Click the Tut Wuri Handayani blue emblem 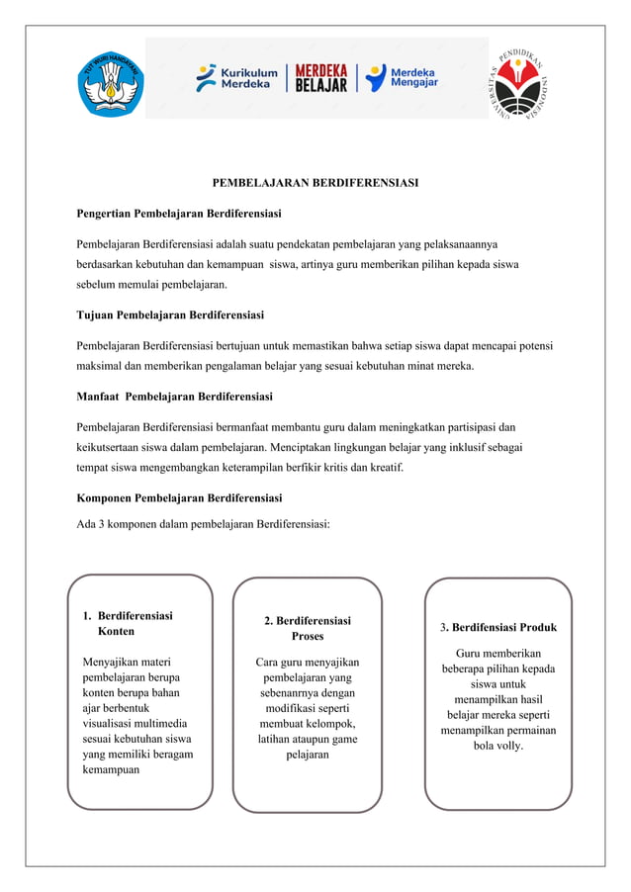click(110, 83)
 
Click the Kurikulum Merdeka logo click(236, 78)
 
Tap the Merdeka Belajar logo click(322, 78)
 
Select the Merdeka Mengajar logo click(405, 78)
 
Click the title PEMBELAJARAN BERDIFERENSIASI click(315, 183)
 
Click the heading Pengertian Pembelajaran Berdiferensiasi click(179, 213)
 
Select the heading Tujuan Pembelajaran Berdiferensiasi click(170, 315)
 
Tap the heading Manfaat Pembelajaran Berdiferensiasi click(175, 397)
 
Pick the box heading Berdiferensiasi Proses click(308, 628)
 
